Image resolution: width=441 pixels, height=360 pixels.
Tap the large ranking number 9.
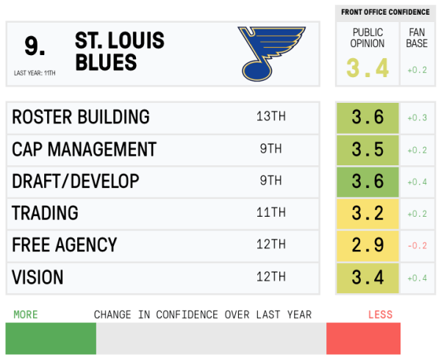(x=35, y=46)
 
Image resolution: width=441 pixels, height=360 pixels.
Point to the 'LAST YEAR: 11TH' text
(x=35, y=73)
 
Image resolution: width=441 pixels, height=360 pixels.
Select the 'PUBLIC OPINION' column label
(x=368, y=38)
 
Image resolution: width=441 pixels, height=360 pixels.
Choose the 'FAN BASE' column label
(x=417, y=38)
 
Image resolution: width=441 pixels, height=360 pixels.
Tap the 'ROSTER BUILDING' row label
(x=81, y=118)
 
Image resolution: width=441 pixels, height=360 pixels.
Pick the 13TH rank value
(x=270, y=118)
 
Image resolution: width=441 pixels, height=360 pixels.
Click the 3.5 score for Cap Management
(x=367, y=150)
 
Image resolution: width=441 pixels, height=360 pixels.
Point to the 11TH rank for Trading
(x=270, y=214)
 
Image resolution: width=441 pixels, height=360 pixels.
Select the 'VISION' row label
(x=37, y=278)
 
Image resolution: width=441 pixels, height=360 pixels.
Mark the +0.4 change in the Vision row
(x=417, y=278)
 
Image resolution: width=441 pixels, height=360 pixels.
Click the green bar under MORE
(x=51, y=339)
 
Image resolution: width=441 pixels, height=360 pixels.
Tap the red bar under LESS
(x=364, y=339)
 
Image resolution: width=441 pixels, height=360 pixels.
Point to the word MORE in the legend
(x=26, y=314)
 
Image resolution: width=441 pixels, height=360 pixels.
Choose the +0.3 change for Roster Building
(x=417, y=118)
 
